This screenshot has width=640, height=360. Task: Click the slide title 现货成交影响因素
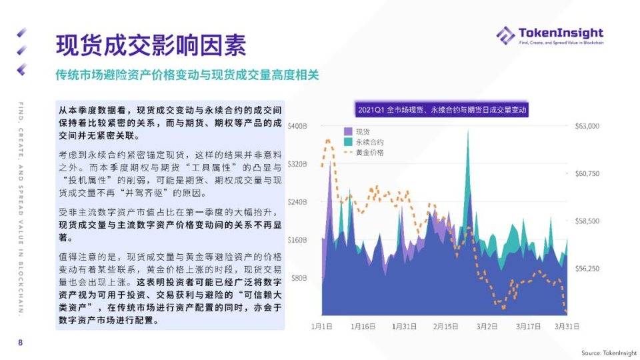coord(151,45)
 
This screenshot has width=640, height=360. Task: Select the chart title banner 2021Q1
coord(442,109)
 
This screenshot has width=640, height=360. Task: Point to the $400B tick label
coord(297,126)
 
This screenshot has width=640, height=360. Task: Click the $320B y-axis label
coord(297,164)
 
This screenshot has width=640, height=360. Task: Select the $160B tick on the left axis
coord(297,239)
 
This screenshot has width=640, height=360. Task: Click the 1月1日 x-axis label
coord(322,326)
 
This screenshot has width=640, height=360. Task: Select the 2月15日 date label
coord(445,326)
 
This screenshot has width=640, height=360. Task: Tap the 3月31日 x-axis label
coord(567,326)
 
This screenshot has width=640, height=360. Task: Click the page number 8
coord(20,343)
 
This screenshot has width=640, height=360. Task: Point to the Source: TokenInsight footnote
coord(607,353)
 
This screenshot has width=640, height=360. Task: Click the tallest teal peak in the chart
coord(467,133)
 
